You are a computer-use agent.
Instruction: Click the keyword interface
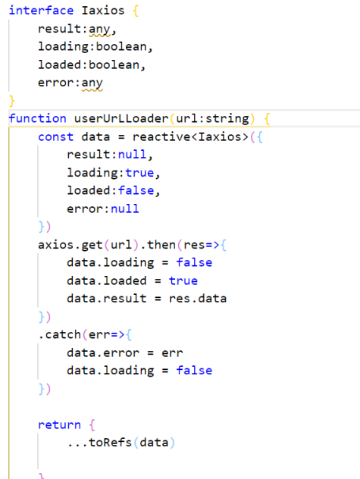point(41,11)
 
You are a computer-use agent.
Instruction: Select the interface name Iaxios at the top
point(103,11)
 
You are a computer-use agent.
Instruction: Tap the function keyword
point(37,118)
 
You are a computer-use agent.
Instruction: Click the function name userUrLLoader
point(121,118)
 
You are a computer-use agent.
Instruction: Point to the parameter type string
point(227,118)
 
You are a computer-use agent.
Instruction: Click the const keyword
point(55,136)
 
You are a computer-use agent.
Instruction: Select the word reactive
point(161,136)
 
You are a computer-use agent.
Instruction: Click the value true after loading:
point(139,173)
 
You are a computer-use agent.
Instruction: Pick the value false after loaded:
point(136,191)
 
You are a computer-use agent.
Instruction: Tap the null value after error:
point(125,208)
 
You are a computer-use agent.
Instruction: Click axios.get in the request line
point(70,245)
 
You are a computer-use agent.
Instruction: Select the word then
point(161,245)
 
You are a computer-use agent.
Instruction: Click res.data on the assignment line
point(198,299)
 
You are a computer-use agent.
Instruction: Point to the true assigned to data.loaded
point(183,280)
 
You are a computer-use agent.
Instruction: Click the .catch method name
point(60,334)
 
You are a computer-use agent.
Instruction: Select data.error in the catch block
point(103,352)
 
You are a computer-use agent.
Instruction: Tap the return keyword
point(59,424)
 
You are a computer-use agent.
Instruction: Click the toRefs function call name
point(110,443)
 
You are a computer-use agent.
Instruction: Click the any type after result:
point(99,29)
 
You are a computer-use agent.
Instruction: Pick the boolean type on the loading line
point(121,46)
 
